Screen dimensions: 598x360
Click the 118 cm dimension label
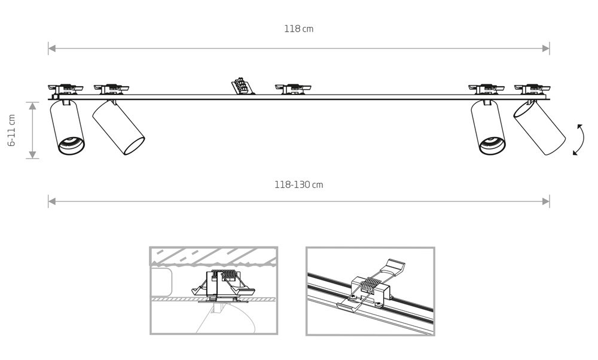coord(298,29)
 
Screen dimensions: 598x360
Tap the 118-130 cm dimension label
coord(298,185)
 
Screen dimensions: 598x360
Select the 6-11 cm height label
coord(12,130)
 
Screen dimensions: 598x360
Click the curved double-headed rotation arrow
coord(578,139)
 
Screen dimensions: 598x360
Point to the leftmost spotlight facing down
coord(67,127)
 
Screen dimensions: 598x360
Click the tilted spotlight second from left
coord(118,127)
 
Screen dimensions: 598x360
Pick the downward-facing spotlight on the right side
coord(488,127)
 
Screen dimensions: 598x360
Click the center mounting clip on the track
coord(293,89)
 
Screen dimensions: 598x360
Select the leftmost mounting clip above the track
coord(66,89)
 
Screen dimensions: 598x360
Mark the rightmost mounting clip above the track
coord(532,89)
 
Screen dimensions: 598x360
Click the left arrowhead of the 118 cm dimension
coord(52,48)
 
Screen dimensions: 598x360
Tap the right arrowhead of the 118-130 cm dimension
coord(546,202)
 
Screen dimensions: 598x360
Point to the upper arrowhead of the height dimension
coord(32,106)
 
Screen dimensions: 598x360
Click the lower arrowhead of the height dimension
coord(32,155)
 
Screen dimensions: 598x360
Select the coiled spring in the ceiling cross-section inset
coord(225,274)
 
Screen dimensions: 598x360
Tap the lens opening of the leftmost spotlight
coord(71,145)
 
